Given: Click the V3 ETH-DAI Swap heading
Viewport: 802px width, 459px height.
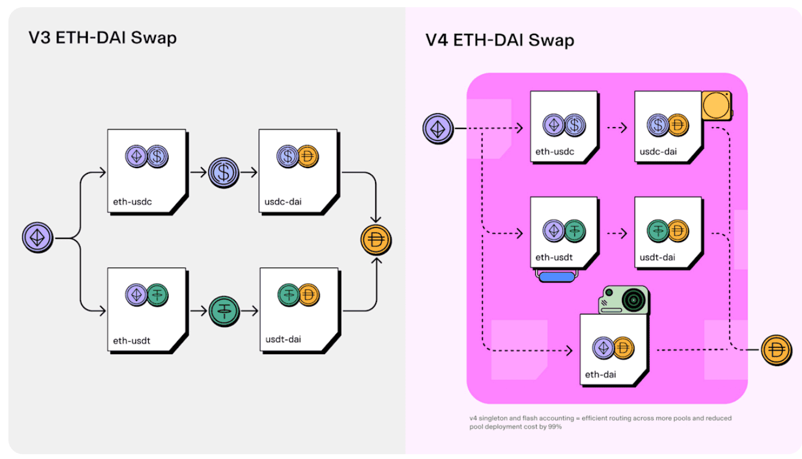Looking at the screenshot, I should pyautogui.click(x=102, y=38).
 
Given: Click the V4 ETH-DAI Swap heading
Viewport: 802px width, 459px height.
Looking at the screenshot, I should pyautogui.click(x=500, y=40).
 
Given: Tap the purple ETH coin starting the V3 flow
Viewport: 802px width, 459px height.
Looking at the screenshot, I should pyautogui.click(x=38, y=238).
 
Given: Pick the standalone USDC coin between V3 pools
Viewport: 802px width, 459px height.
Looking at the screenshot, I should pyautogui.click(x=224, y=173).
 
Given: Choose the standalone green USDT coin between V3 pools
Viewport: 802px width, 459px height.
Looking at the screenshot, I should pyautogui.click(x=225, y=311).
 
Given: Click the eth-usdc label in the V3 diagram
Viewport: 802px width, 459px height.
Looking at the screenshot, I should pyautogui.click(x=132, y=202).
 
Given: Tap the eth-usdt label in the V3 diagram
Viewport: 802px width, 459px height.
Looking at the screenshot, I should pyautogui.click(x=131, y=340).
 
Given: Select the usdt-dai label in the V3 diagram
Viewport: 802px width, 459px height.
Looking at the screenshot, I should pyautogui.click(x=283, y=339).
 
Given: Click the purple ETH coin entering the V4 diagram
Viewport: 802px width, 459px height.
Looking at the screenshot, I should pyautogui.click(x=438, y=128).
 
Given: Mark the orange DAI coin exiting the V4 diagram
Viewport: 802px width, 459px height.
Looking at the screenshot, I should pyautogui.click(x=777, y=350).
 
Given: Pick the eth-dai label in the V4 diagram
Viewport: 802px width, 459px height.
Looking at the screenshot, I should pyautogui.click(x=600, y=375).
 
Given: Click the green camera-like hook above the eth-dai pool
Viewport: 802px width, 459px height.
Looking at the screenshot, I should pyautogui.click(x=623, y=299).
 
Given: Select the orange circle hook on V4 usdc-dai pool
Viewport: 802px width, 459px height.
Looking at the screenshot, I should pyautogui.click(x=716, y=106).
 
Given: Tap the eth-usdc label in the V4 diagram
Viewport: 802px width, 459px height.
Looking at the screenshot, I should pyautogui.click(x=555, y=152).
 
